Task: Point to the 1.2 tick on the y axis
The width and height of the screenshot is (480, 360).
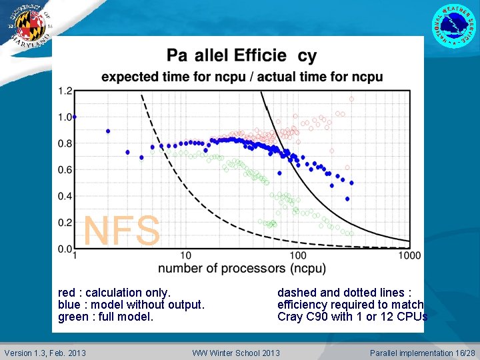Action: (65, 91)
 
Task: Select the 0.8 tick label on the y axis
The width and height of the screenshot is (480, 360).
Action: (65, 143)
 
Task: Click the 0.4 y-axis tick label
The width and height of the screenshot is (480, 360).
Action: (65, 196)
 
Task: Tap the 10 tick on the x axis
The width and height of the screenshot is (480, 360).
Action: (185, 256)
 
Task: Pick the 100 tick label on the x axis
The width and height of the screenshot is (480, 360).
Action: (297, 256)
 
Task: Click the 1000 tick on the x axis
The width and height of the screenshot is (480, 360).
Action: (409, 256)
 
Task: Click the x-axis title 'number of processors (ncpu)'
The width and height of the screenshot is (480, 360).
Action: (242, 269)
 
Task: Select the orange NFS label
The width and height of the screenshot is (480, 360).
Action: (122, 231)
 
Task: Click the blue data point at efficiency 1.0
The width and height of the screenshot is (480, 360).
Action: (74, 117)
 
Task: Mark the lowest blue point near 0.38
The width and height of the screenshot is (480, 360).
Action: (347, 199)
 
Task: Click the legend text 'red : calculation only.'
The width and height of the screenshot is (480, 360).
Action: (115, 293)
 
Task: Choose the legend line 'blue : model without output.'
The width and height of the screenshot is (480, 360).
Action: (131, 305)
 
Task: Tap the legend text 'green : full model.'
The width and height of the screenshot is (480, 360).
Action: (105, 317)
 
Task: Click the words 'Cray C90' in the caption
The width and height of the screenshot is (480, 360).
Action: (299, 317)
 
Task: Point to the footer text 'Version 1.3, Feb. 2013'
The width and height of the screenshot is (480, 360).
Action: (45, 353)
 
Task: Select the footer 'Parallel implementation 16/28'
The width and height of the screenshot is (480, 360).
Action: (422, 353)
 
